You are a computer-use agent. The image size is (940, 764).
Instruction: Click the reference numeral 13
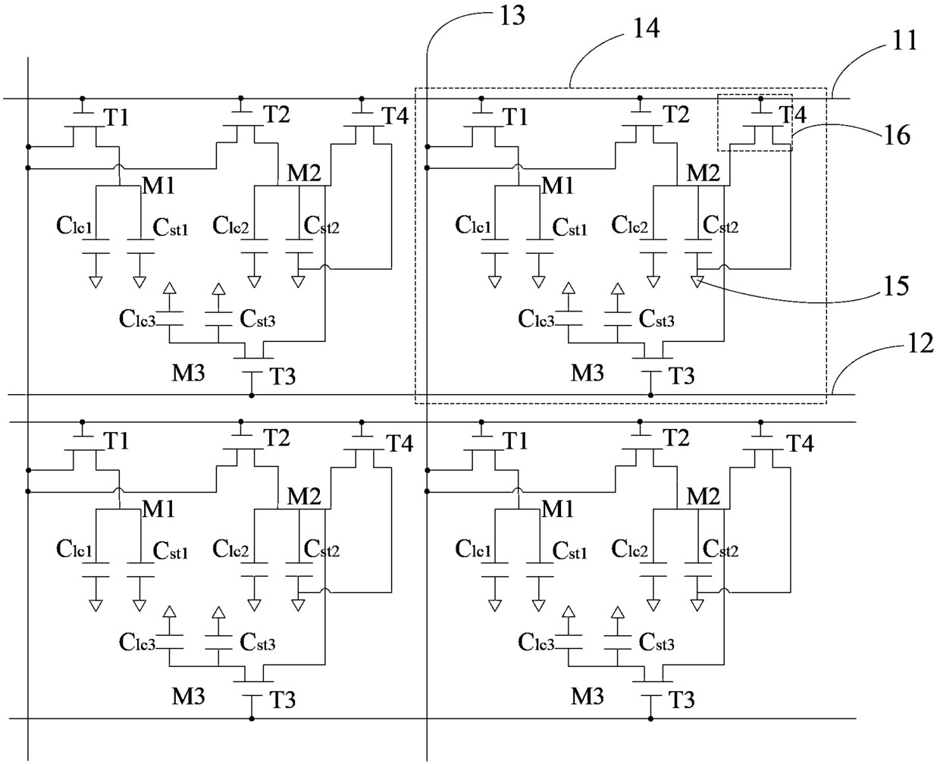512,16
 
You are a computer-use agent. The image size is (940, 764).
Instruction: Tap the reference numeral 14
646,28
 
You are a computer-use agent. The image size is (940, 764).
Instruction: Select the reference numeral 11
904,41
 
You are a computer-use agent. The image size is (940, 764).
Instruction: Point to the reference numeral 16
898,135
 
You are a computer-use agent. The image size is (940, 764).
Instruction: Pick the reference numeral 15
896,286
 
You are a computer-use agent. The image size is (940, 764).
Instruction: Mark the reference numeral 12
921,343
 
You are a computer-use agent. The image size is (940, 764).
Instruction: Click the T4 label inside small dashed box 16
793,114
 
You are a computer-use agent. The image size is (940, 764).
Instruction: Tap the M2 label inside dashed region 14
703,173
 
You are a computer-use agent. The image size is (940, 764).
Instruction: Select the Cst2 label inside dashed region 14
720,225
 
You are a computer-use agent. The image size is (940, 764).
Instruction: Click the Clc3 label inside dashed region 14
536,318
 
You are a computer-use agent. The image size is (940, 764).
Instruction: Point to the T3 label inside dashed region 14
681,376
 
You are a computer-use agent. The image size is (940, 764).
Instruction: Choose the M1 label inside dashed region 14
557,185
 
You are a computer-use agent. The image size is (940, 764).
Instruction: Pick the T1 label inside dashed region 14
515,117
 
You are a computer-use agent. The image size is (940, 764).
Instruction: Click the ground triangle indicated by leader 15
697,281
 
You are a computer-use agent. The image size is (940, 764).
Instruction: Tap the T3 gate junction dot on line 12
650,395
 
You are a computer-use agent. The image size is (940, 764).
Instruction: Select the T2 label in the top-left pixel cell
277,114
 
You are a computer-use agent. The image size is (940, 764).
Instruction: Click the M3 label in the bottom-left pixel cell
189,697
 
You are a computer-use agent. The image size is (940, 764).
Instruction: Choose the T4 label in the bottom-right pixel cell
800,443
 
